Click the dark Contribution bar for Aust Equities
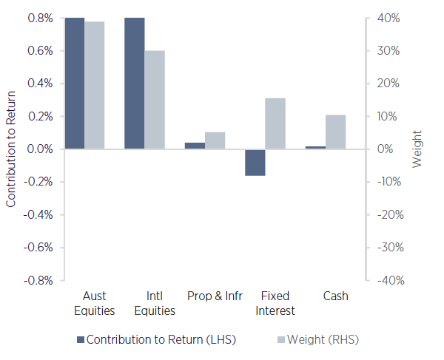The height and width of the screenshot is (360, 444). coord(74,83)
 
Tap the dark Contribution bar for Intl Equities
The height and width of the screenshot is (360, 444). coord(134,83)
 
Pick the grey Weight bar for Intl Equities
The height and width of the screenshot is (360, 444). coord(154,100)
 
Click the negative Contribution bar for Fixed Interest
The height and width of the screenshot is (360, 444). coord(255,162)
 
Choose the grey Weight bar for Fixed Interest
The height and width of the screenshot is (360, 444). coord(275,123)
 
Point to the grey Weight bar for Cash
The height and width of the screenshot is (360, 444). coord(335,132)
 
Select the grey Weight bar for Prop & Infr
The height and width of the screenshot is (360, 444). coord(215,140)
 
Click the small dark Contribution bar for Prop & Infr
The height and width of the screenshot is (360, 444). coord(195,146)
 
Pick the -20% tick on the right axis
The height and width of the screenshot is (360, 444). coord(388,215)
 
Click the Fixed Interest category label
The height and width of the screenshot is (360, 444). coord(275,303)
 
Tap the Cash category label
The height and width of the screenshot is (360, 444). coord(335,296)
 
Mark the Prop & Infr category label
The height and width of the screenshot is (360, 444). coord(215,296)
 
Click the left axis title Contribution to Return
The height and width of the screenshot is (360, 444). coord(11,149)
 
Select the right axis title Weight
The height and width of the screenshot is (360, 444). coord(417,149)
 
